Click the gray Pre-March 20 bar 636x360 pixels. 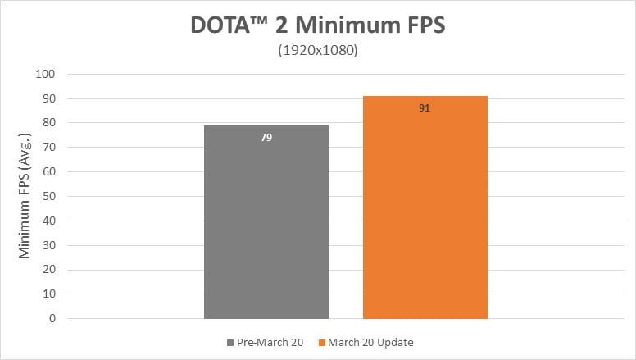point(266,221)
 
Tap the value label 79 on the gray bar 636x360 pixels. point(266,138)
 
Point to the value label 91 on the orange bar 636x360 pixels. point(425,108)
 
